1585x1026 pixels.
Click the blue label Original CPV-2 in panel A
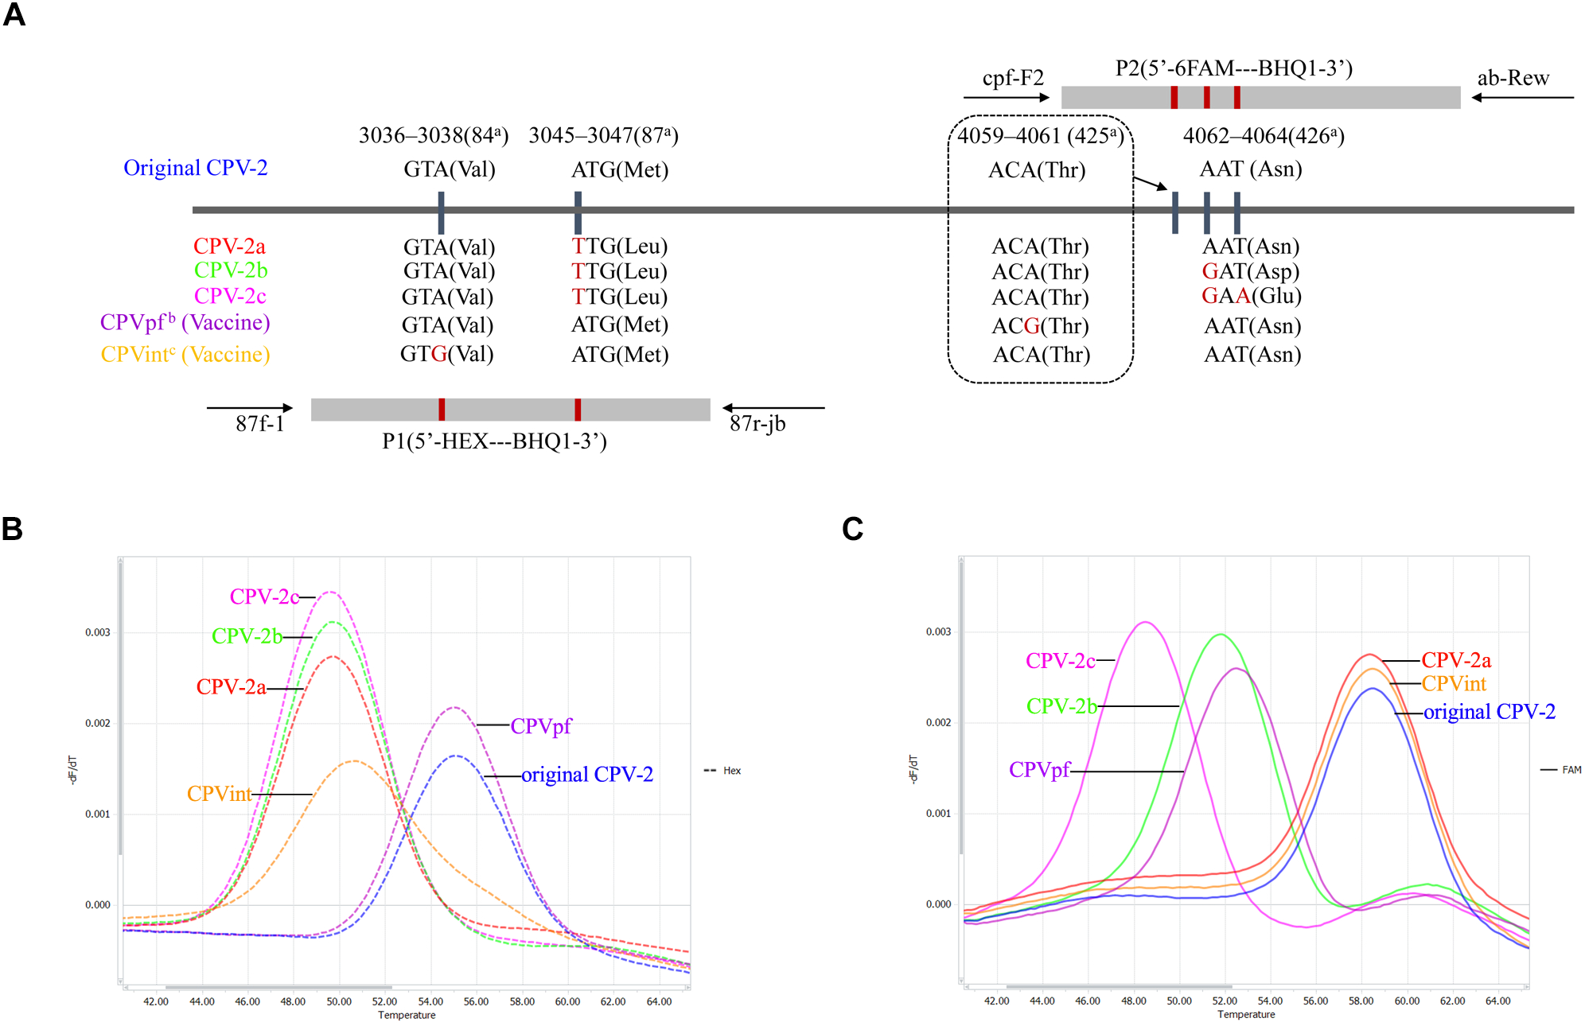pyautogui.click(x=195, y=168)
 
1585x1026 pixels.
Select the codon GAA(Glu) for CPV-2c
pyautogui.click(x=1251, y=296)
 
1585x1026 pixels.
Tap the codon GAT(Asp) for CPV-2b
pyautogui.click(x=1250, y=271)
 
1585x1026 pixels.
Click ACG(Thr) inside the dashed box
pyautogui.click(x=1040, y=326)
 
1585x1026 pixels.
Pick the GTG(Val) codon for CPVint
pyautogui.click(x=446, y=354)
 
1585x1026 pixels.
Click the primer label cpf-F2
pyautogui.click(x=1012, y=78)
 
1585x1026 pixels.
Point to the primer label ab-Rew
pyautogui.click(x=1513, y=78)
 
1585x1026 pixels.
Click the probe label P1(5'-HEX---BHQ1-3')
pyautogui.click(x=494, y=441)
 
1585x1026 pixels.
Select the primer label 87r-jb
pyautogui.click(x=757, y=423)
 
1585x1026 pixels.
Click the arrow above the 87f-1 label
pyautogui.click(x=249, y=408)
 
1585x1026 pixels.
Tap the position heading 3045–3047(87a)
pyautogui.click(x=603, y=136)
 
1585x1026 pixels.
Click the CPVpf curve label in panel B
pyautogui.click(x=540, y=726)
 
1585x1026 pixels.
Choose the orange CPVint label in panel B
pyautogui.click(x=219, y=794)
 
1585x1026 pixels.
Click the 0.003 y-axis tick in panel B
pyautogui.click(x=98, y=632)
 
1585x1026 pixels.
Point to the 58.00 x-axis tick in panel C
pyautogui.click(x=1361, y=1001)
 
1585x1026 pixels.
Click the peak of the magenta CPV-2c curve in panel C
pyautogui.click(x=1144, y=622)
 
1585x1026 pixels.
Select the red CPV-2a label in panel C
pyautogui.click(x=1455, y=660)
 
